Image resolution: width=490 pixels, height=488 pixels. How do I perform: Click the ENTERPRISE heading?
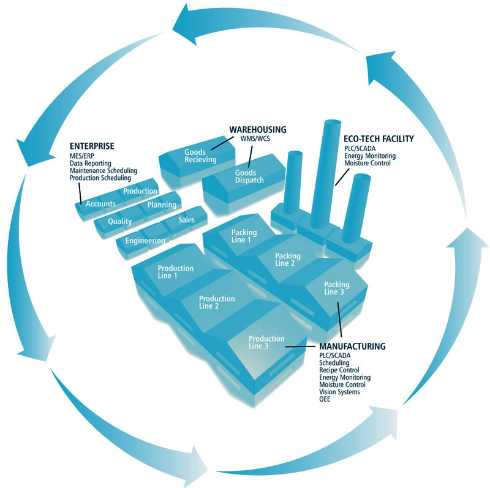92,146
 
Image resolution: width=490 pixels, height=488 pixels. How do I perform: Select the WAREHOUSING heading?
258,130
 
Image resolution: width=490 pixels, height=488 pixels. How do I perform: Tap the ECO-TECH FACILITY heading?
379,139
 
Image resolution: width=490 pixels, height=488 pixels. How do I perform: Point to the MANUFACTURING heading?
352,346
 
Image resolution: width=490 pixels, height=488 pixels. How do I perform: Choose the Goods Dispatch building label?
249,176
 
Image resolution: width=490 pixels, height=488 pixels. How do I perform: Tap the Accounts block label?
101,204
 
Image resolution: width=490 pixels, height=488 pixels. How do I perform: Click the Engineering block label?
145,241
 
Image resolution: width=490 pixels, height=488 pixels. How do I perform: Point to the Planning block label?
162,205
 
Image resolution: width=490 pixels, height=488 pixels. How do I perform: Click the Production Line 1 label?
176,272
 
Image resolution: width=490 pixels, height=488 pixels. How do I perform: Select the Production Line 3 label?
266,342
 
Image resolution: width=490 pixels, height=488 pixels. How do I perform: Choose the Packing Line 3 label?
336,288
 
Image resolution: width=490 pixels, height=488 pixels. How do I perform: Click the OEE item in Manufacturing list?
325,399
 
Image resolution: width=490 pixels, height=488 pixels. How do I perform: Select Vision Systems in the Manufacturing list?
339,392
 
